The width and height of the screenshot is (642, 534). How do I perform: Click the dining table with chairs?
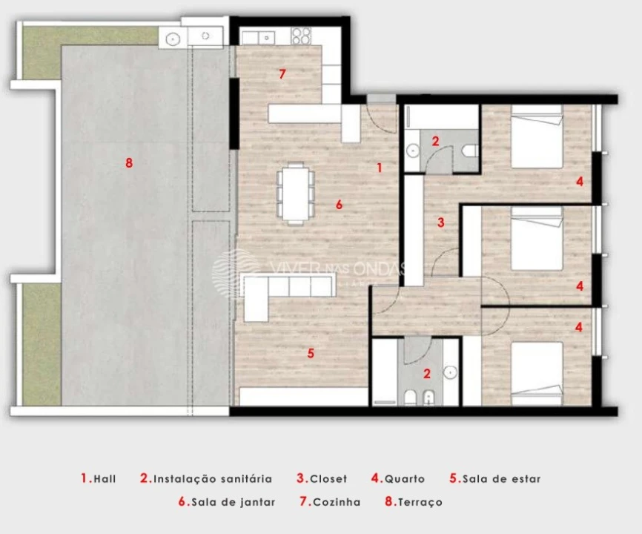pos(295,192)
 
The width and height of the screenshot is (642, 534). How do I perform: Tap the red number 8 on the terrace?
pos(129,163)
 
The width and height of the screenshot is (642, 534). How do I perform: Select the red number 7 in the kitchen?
pos(282,73)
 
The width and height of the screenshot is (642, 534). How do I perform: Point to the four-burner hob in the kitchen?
pos(300,35)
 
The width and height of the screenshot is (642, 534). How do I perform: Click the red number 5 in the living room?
pos(311,353)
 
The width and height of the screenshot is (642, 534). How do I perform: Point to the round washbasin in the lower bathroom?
pos(449,372)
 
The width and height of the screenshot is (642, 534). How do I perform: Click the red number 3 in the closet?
pos(440,221)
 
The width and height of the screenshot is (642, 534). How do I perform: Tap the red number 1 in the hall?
pos(379,168)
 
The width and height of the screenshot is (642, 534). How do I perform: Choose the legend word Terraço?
pos(420,502)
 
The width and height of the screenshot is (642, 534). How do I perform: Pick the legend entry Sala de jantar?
pos(233,502)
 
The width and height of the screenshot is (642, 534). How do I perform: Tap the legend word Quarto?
pos(405,479)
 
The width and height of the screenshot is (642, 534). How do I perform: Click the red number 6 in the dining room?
pos(339,204)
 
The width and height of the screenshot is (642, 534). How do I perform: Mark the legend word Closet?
pos(328,479)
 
